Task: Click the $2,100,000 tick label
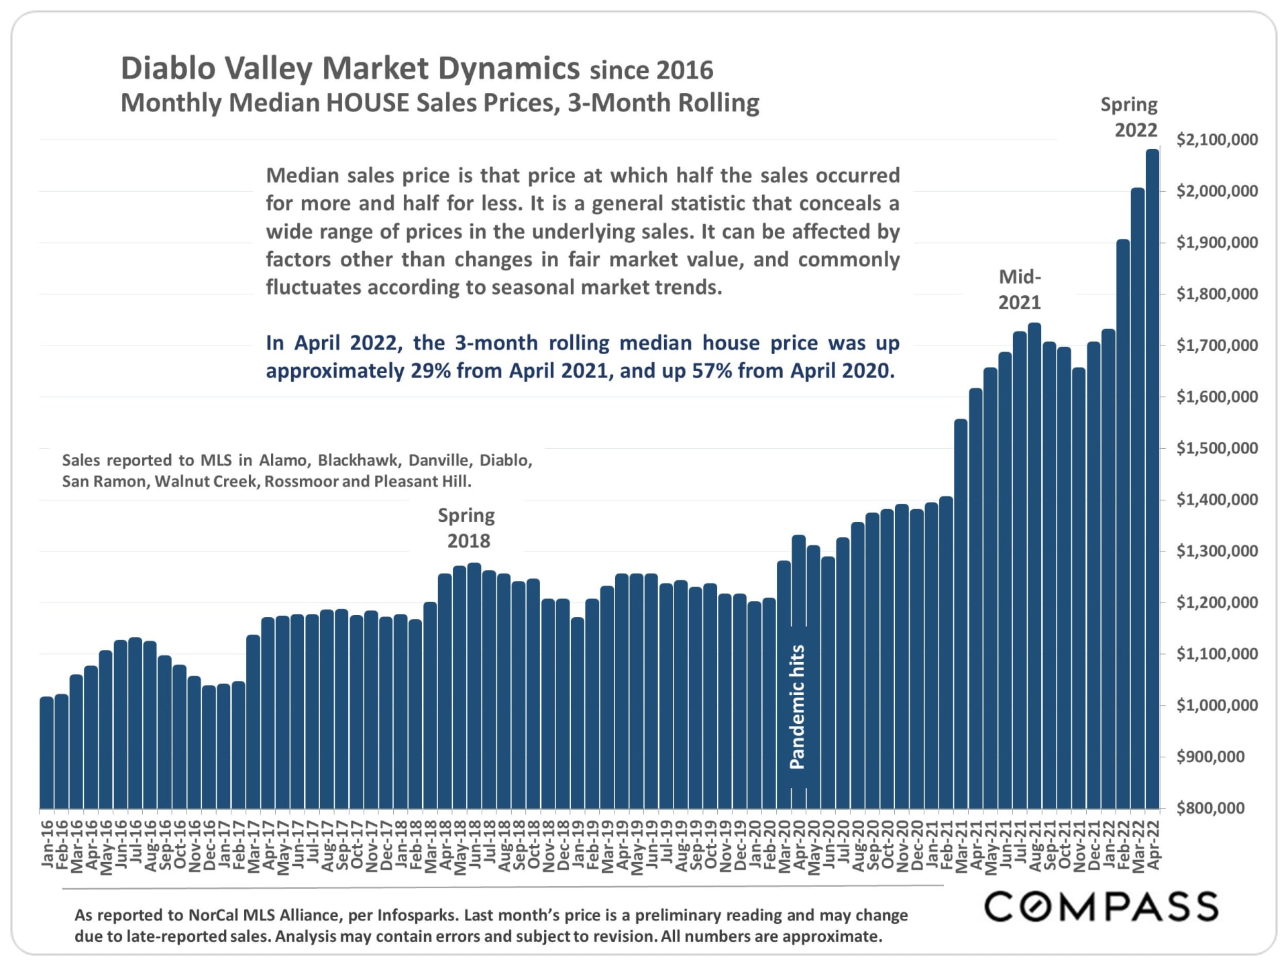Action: click(1217, 140)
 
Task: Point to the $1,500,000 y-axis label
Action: click(1217, 448)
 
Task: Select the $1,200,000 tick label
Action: click(1217, 602)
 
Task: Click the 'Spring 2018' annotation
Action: click(467, 528)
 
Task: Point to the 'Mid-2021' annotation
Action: click(1020, 289)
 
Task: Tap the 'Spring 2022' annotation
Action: click(1130, 117)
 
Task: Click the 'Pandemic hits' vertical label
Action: click(797, 706)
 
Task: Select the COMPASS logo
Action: click(1101, 907)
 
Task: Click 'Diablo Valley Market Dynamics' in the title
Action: click(350, 68)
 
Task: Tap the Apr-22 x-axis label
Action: click(1154, 845)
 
